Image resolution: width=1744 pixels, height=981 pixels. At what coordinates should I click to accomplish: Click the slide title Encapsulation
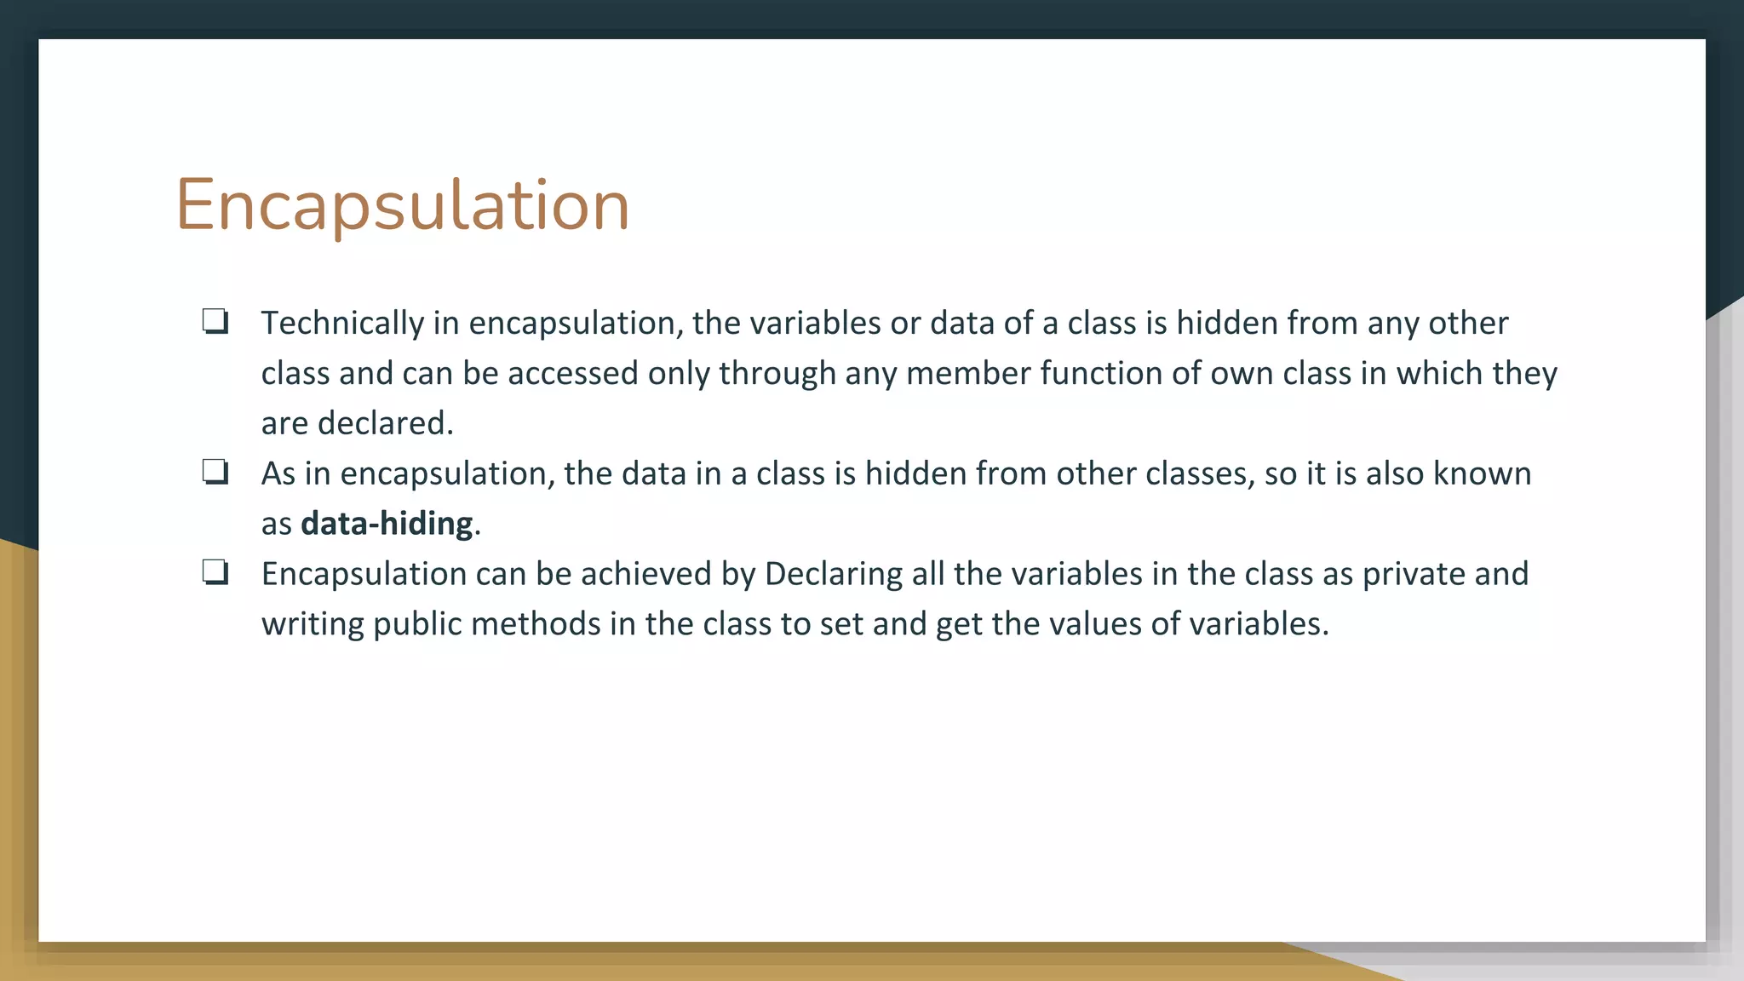click(x=402, y=205)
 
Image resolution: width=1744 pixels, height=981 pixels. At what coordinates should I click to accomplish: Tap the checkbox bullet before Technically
click(x=215, y=321)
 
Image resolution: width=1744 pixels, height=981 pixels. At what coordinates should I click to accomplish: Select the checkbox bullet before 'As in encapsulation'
click(x=215, y=472)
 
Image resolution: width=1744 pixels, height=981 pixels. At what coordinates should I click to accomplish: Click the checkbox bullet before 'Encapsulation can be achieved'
click(x=215, y=572)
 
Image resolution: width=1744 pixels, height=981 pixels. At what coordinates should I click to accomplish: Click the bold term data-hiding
click(x=387, y=524)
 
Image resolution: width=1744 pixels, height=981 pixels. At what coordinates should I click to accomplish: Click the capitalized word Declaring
click(x=833, y=574)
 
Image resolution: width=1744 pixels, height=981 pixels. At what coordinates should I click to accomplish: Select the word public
click(x=417, y=624)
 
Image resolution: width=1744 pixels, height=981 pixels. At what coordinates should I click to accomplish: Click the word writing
click(x=313, y=624)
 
